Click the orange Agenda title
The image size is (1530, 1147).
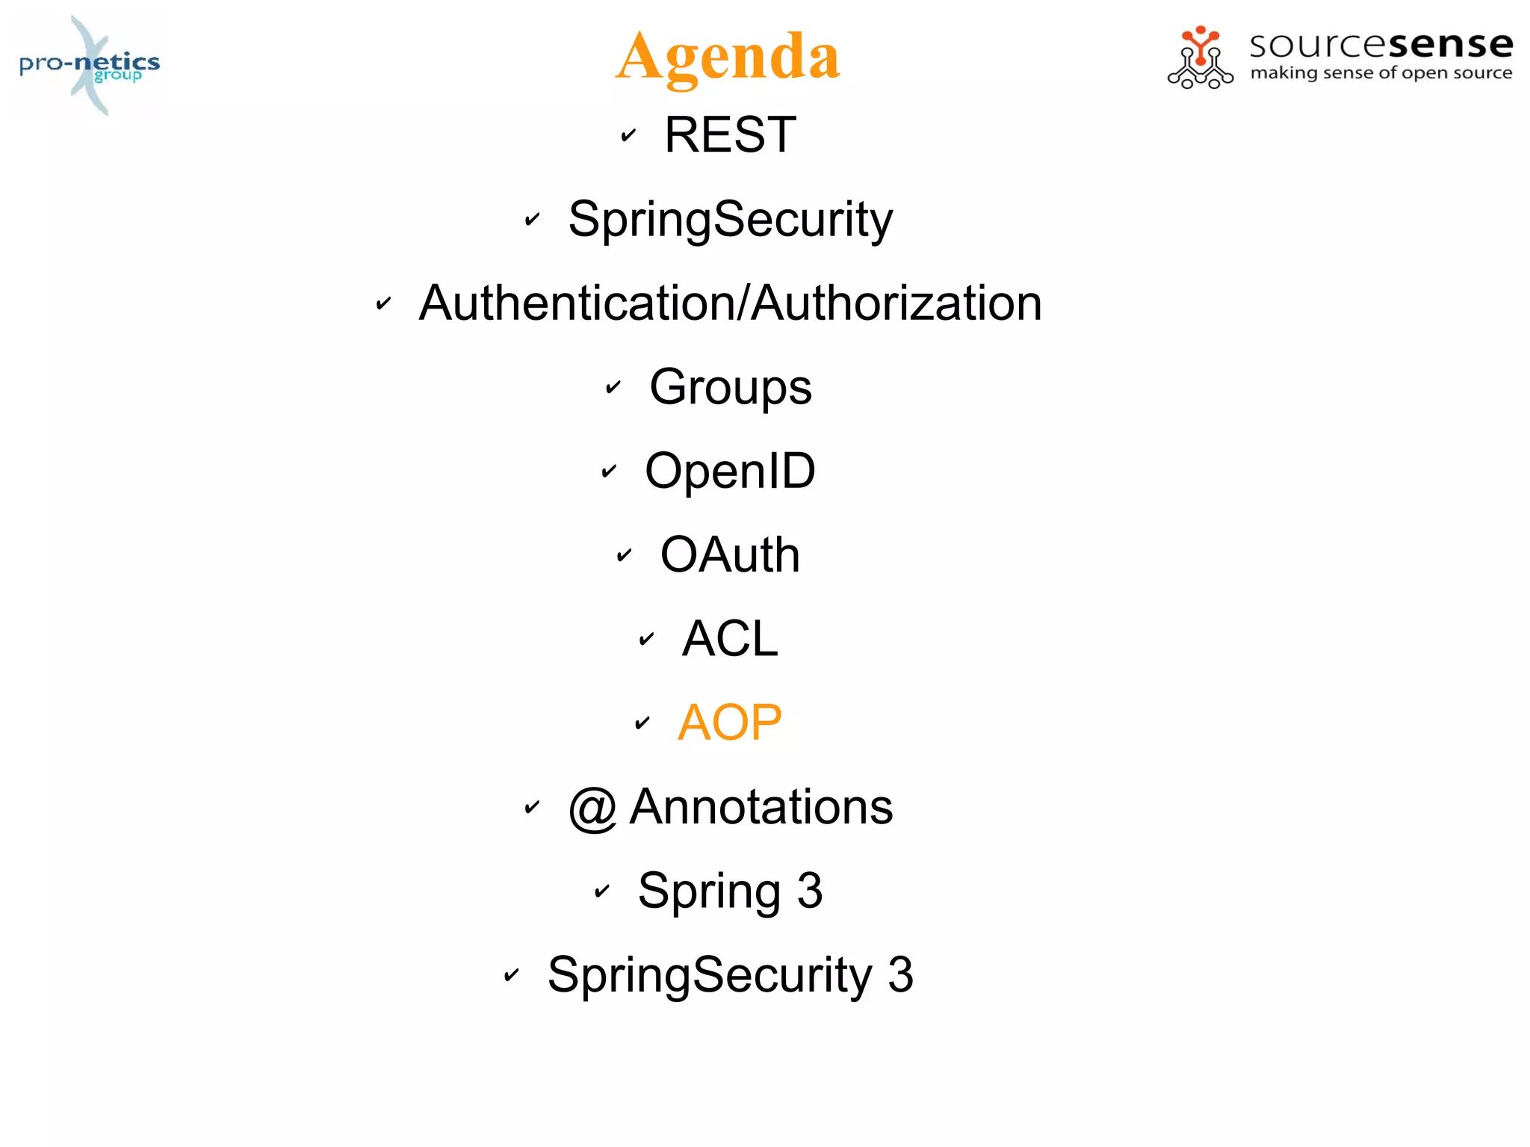pyautogui.click(x=728, y=57)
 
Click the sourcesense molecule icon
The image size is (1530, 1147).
pyautogui.click(x=1200, y=58)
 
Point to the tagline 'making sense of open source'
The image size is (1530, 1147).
pyautogui.click(x=1381, y=73)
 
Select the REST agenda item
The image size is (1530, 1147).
pyautogui.click(x=730, y=135)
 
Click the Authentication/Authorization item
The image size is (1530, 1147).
pyautogui.click(x=730, y=303)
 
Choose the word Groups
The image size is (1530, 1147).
pyautogui.click(x=730, y=387)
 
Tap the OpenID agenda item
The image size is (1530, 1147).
pyautogui.click(x=730, y=472)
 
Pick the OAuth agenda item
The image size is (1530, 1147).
pyautogui.click(x=730, y=555)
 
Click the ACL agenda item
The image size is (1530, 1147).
pyautogui.click(x=730, y=639)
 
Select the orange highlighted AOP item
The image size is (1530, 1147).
pyautogui.click(x=730, y=723)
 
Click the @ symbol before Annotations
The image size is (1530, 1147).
pyautogui.click(x=592, y=809)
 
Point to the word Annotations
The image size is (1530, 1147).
pyautogui.click(x=761, y=807)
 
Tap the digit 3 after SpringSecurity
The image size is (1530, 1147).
pyautogui.click(x=900, y=975)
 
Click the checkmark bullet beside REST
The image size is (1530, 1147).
pyautogui.click(x=628, y=135)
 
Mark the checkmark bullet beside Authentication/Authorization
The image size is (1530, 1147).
pyautogui.click(x=383, y=303)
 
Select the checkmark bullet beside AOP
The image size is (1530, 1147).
pyautogui.click(x=642, y=723)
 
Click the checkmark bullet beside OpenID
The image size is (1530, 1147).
pyautogui.click(x=609, y=472)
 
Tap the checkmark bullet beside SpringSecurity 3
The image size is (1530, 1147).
pyautogui.click(x=512, y=975)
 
